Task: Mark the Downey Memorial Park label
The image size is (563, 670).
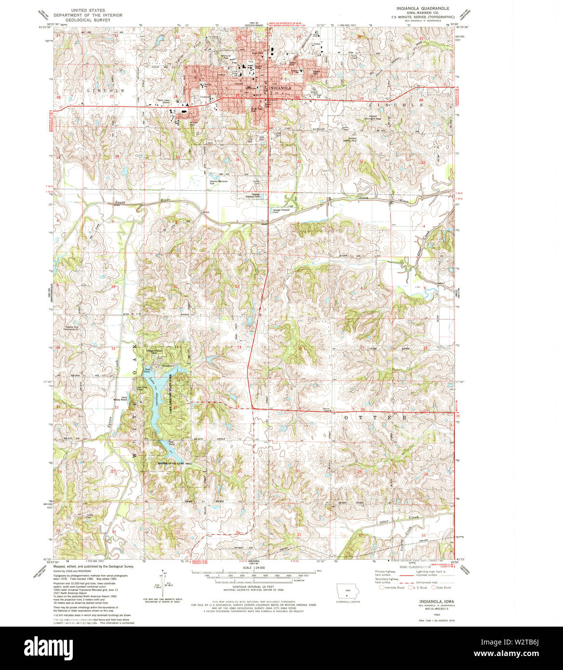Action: click(218, 182)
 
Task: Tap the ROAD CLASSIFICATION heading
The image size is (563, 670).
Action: click(415, 567)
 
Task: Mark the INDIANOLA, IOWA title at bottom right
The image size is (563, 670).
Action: click(431, 602)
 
